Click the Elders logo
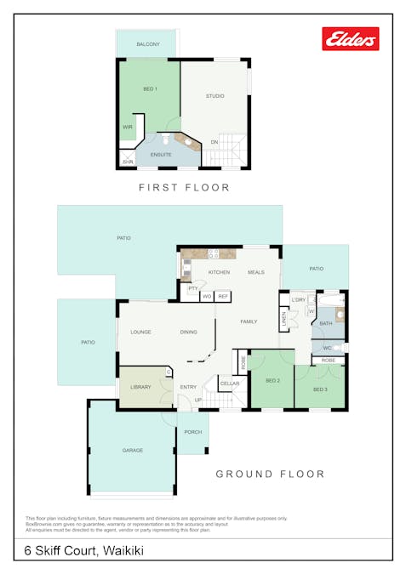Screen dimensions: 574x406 (x=350, y=38)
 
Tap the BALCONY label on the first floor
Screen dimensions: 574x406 (x=148, y=44)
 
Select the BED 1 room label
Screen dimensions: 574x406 (x=149, y=88)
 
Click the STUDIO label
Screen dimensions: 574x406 (x=215, y=96)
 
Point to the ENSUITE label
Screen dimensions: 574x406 (x=161, y=155)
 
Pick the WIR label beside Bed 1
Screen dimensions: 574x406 (x=128, y=127)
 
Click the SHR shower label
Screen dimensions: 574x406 (x=129, y=161)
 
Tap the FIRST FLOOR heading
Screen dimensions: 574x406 (x=185, y=187)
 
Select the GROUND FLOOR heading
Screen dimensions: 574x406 (x=270, y=474)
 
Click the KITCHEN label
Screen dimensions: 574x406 (x=220, y=271)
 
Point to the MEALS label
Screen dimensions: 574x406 (x=256, y=271)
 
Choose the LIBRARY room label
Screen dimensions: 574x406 (x=141, y=387)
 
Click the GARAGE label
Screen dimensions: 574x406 (x=132, y=450)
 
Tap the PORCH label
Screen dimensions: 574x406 (x=193, y=432)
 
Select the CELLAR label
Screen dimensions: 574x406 (x=230, y=384)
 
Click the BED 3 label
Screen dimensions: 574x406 (x=320, y=389)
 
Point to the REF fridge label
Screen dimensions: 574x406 (x=223, y=296)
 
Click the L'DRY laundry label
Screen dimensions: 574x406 (x=298, y=299)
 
